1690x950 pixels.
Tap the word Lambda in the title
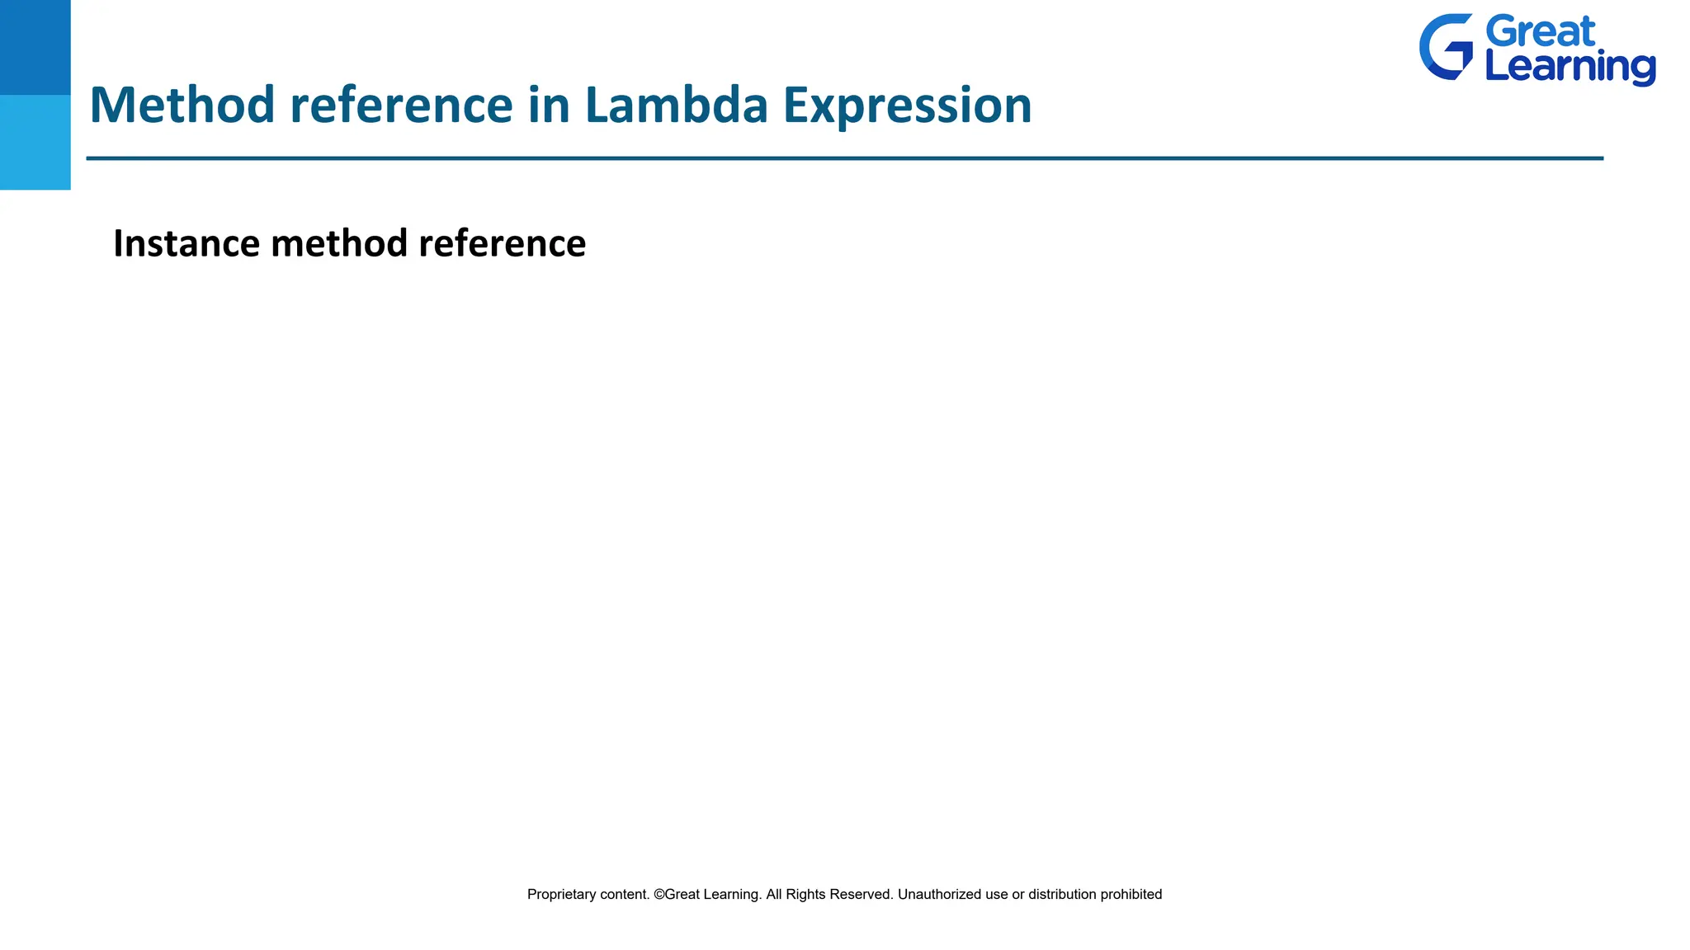[676, 106]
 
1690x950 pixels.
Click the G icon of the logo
[1446, 47]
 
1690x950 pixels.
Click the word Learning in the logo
[1570, 68]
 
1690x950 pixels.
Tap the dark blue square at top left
[35, 47]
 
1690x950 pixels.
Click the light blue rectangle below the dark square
[35, 142]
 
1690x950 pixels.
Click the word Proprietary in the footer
[561, 895]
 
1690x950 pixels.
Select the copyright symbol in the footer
[659, 895]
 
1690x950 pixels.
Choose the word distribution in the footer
[1061, 895]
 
